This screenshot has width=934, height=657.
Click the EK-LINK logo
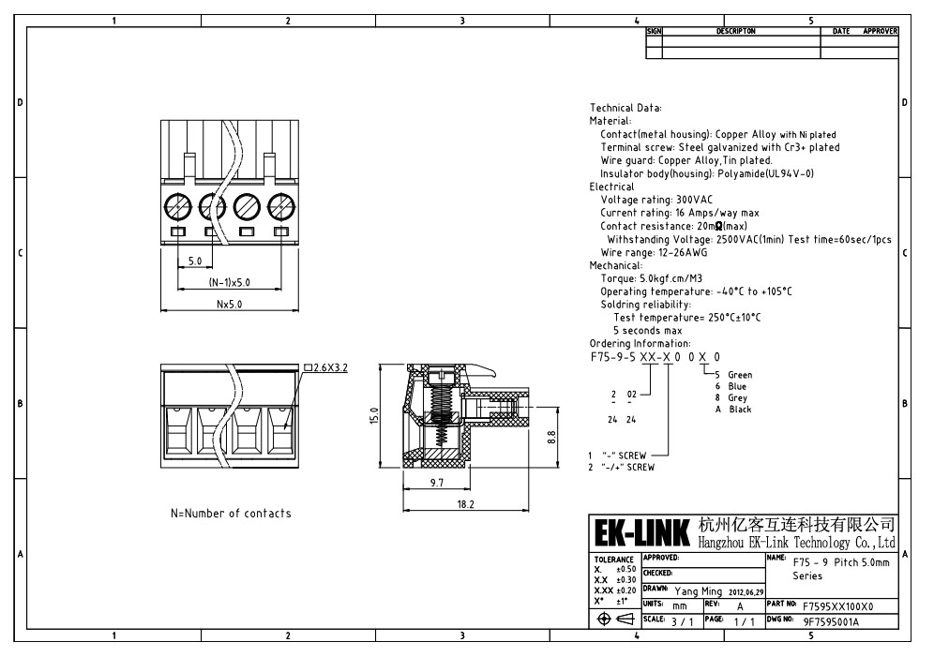[x=642, y=532]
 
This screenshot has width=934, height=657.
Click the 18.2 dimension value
[x=466, y=504]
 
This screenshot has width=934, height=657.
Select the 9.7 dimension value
[x=437, y=483]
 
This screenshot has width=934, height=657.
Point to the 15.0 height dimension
[x=373, y=415]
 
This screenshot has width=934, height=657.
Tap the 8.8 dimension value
[x=551, y=438]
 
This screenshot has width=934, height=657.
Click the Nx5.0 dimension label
[x=230, y=304]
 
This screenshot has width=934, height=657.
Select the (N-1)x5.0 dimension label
[x=230, y=282]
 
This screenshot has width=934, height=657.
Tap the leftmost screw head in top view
[x=179, y=208]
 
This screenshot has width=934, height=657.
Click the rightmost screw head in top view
[x=280, y=208]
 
